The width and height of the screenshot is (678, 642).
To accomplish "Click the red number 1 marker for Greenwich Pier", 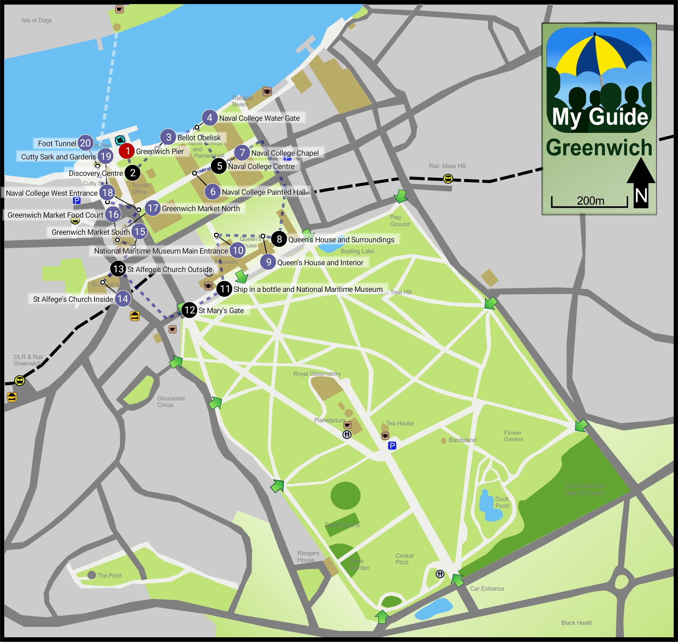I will click(127, 151).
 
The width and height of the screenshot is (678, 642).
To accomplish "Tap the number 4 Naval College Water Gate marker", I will click(210, 118).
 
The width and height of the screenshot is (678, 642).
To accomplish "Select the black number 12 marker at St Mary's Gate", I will click(189, 310).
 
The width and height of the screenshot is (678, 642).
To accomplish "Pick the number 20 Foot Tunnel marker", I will click(85, 143).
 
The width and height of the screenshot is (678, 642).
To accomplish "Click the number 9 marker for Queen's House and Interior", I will click(268, 262).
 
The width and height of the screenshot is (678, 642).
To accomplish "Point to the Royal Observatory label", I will click(317, 374).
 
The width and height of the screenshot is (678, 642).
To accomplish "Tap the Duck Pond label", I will click(502, 502).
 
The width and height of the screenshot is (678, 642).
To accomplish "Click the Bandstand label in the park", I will click(462, 440).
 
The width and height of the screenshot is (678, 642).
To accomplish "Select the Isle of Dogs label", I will click(37, 20).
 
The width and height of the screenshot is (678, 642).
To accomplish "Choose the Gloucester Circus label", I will click(171, 401).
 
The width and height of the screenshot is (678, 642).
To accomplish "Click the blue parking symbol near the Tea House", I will click(392, 446).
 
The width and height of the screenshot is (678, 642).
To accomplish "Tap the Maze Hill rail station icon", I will click(448, 179).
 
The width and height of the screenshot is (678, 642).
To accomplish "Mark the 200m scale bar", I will click(589, 202).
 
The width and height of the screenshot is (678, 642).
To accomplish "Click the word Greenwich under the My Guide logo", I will click(599, 148).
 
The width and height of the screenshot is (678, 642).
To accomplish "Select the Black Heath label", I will click(576, 623).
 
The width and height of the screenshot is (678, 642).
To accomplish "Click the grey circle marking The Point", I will click(91, 575).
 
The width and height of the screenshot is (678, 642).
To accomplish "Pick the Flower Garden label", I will click(513, 436).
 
